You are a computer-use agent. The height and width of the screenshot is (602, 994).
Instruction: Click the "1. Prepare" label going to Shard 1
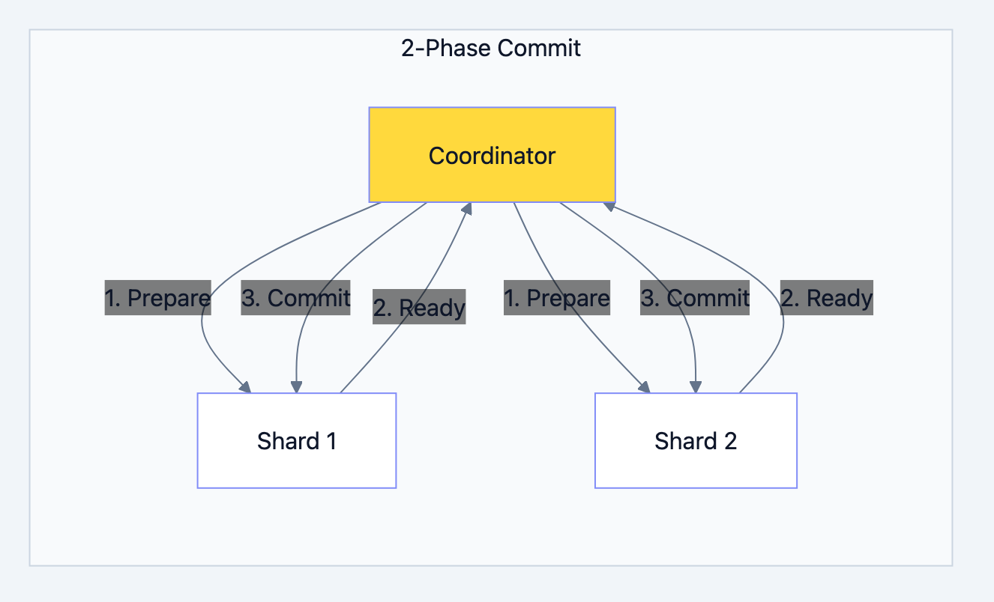[157, 298]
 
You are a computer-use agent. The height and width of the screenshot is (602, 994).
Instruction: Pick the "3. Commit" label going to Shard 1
[295, 298]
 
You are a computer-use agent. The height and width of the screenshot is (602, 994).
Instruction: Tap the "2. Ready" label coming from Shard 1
[419, 307]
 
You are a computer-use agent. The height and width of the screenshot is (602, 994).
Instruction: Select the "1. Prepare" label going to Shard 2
[556, 298]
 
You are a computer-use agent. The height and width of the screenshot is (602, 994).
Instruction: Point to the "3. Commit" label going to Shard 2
[694, 298]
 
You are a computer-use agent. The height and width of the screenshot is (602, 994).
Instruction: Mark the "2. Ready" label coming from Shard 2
[826, 298]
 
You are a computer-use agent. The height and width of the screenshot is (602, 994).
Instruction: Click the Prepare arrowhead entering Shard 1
[245, 386]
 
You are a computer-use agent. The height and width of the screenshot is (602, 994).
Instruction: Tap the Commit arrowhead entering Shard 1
[296, 386]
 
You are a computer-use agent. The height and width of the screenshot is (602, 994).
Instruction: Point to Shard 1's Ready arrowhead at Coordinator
[467, 209]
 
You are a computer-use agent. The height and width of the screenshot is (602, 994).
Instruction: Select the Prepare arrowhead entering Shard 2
[644, 386]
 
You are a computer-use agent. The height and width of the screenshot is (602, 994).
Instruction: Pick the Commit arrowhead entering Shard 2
[695, 386]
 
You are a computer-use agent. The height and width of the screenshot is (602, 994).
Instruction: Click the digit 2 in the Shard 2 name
[730, 441]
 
